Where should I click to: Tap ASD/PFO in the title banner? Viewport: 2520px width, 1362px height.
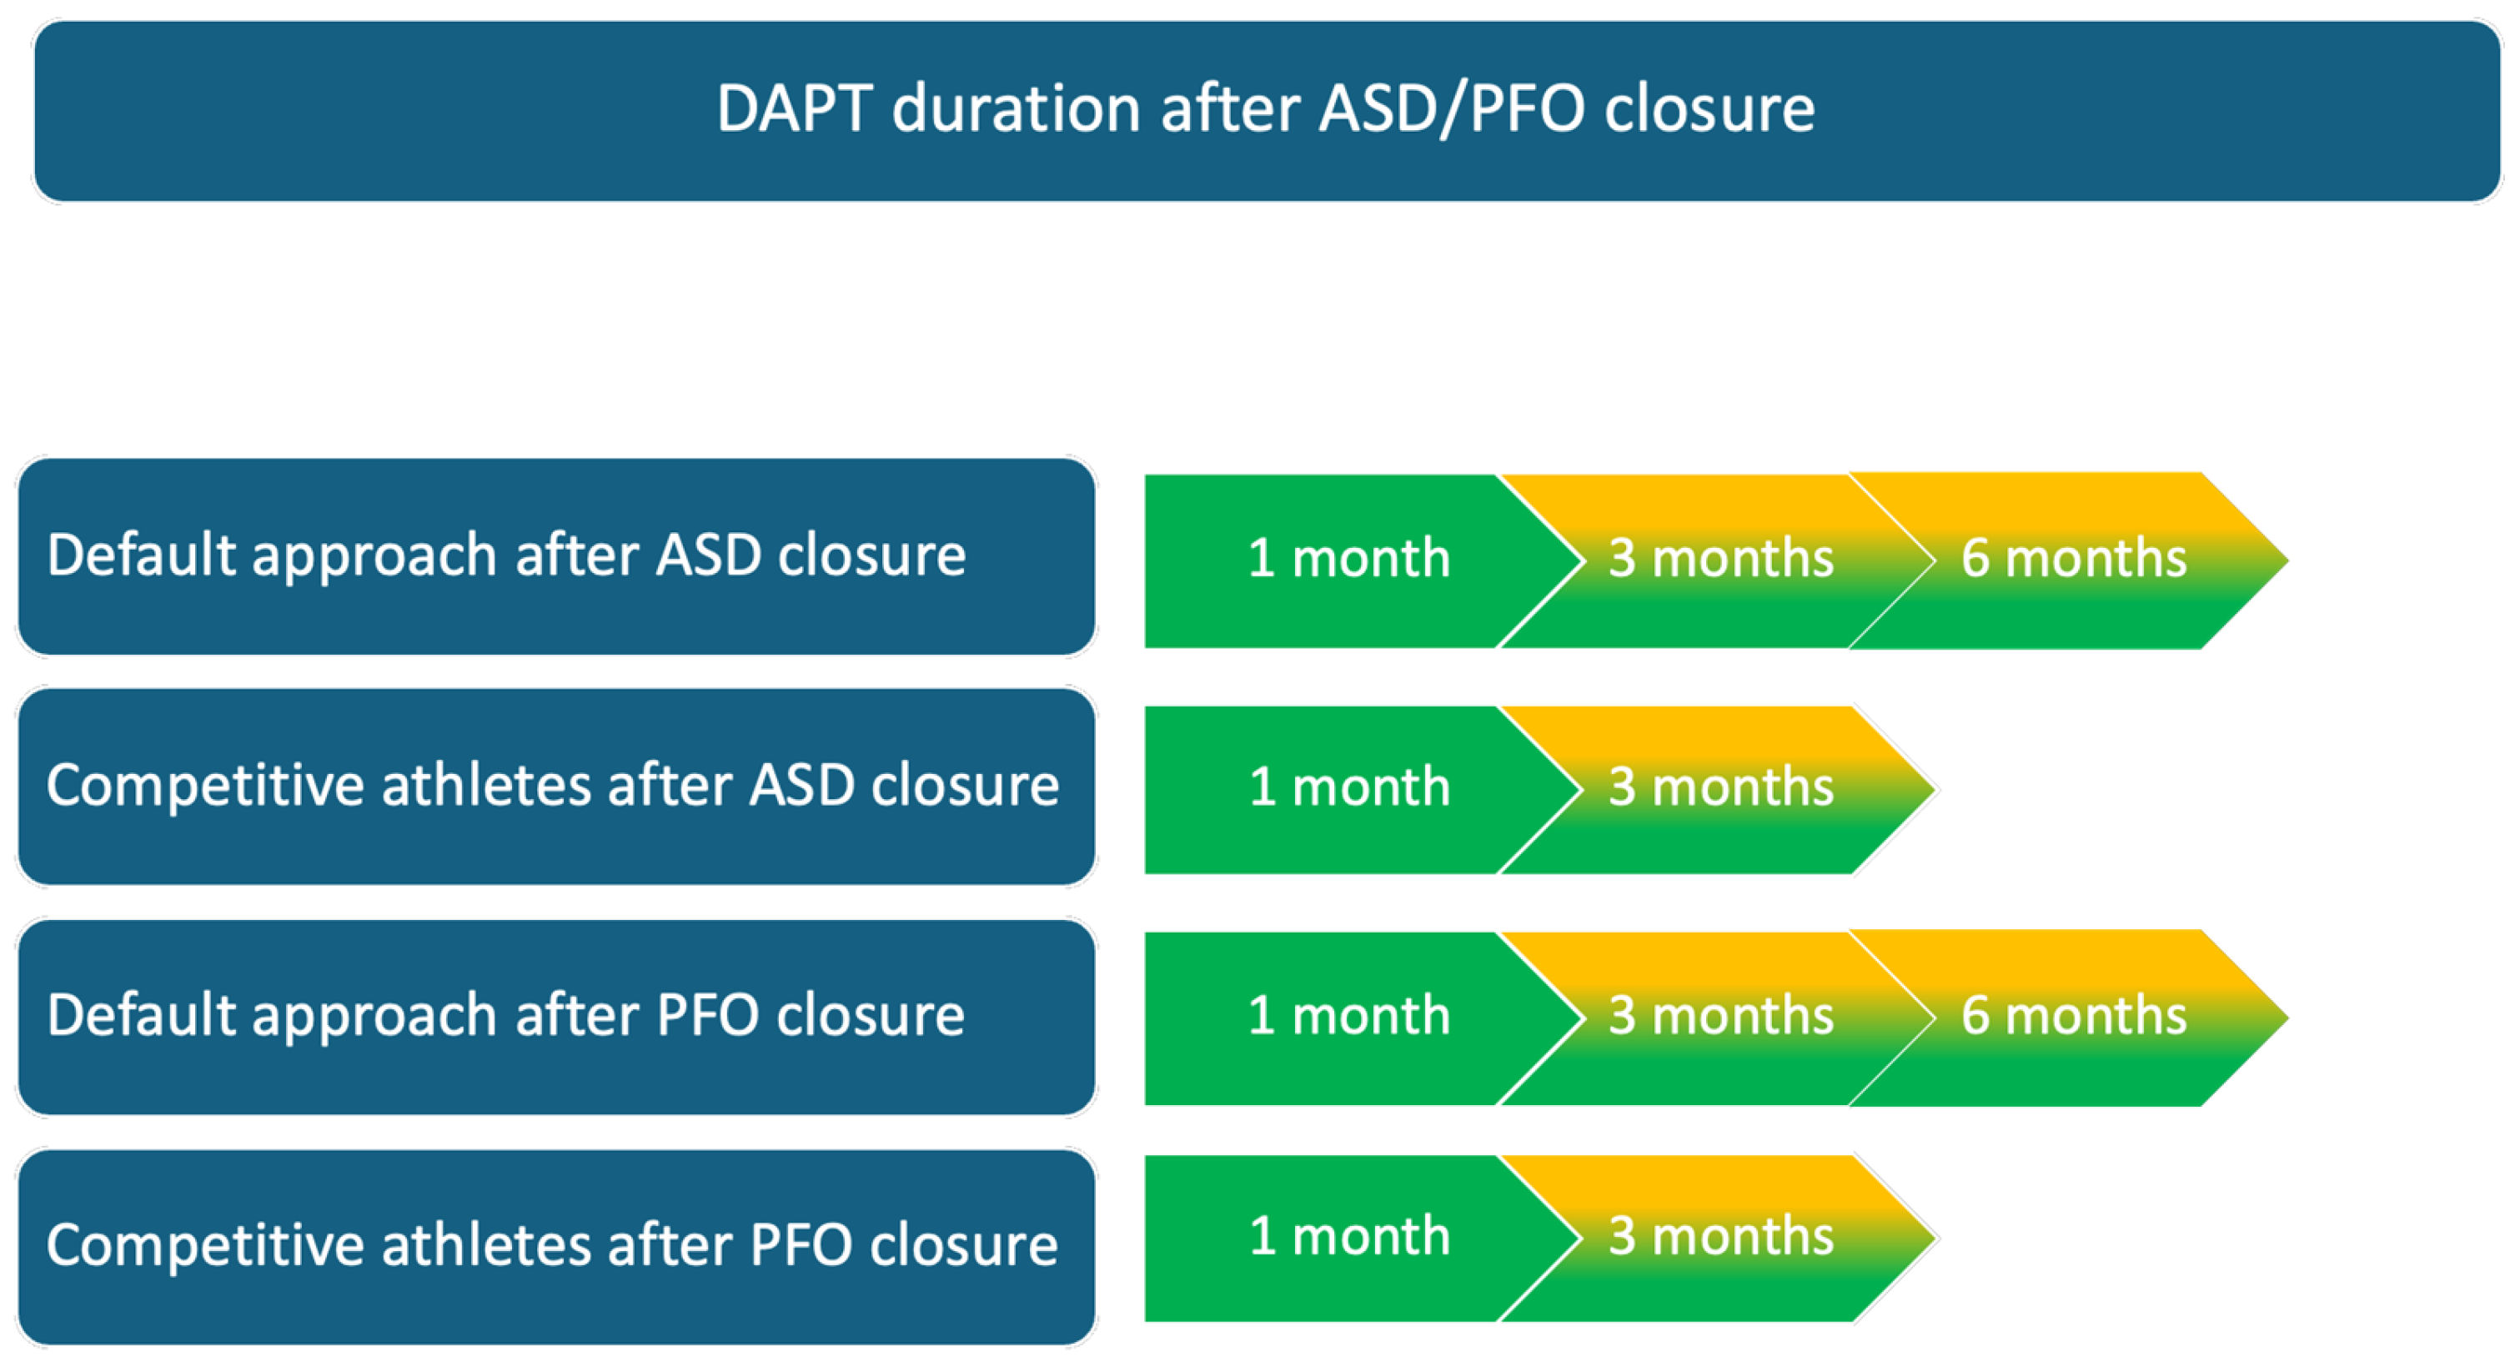[1452, 109]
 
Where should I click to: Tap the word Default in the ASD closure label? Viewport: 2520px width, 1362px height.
[142, 555]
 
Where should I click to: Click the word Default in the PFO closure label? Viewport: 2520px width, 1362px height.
[142, 1015]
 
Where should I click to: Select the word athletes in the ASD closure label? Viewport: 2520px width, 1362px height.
[486, 785]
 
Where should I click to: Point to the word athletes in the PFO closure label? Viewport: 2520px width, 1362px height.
[486, 1244]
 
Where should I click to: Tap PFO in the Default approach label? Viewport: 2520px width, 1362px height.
[708, 1015]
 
